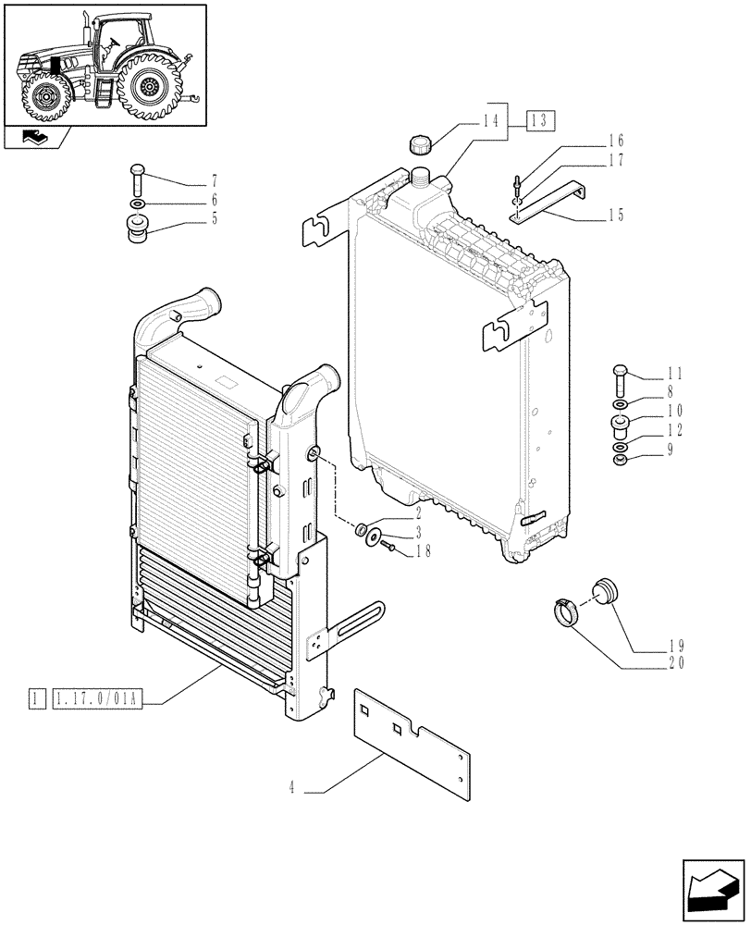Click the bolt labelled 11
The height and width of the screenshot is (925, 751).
620,380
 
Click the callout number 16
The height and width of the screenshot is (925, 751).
616,142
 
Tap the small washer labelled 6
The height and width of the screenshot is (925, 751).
137,203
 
